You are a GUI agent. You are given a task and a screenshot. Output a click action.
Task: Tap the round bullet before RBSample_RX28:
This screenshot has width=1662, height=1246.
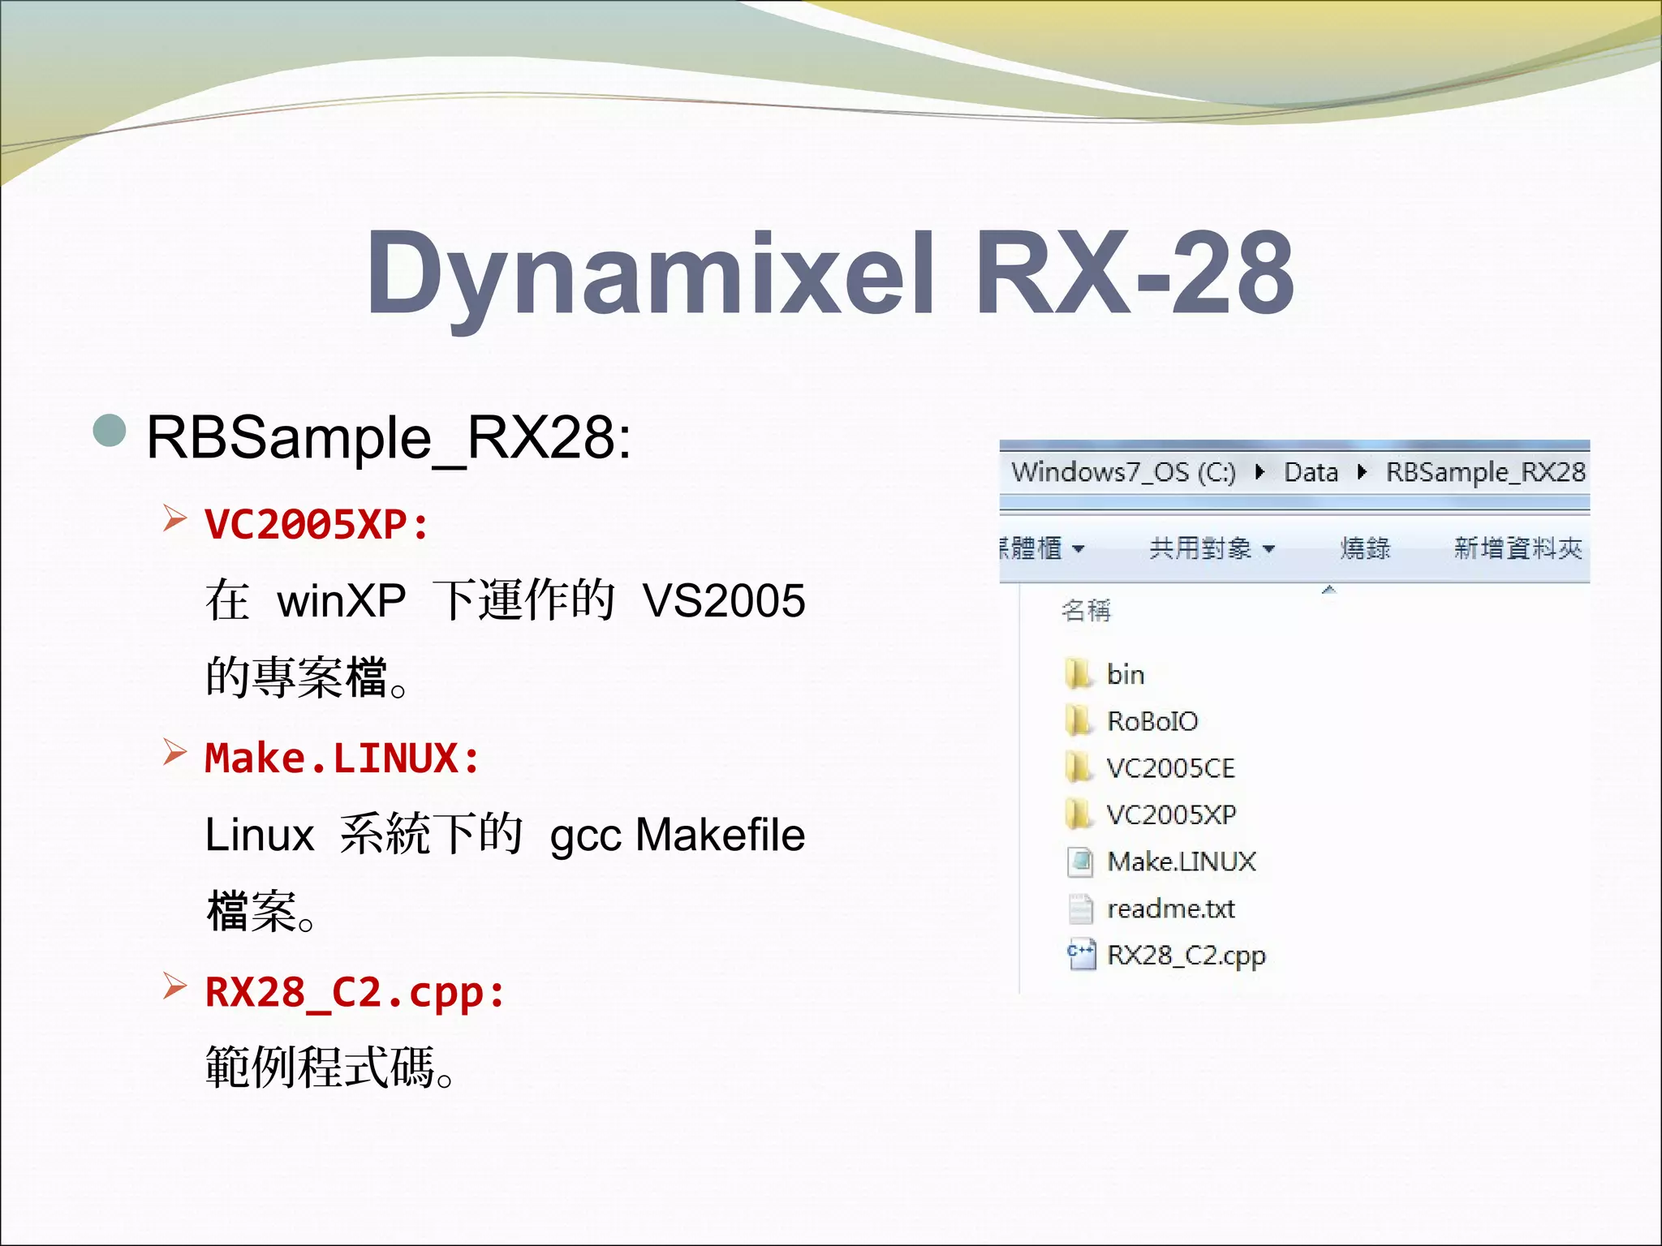pos(110,431)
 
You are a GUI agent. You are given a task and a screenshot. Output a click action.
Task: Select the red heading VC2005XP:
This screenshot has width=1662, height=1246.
pos(316,524)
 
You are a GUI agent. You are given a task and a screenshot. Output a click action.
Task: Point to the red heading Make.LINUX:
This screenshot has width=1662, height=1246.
pos(342,758)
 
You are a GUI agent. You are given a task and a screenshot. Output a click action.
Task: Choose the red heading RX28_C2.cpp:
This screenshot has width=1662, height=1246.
pos(355,992)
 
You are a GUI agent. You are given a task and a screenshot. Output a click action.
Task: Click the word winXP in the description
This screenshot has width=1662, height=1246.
pos(341,601)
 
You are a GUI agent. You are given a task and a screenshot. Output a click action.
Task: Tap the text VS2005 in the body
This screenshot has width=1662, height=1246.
pos(723,601)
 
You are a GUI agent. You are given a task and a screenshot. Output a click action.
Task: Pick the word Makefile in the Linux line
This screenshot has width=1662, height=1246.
pos(720,835)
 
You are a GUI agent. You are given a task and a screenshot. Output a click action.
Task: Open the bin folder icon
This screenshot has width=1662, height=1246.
pos(1079,674)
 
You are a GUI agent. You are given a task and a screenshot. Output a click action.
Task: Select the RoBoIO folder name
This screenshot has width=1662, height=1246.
pos(1152,721)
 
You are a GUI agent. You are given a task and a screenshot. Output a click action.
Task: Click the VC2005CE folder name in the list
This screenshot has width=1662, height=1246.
pos(1170,768)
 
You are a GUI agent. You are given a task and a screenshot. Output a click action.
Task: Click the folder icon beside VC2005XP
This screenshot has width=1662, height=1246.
pos(1079,814)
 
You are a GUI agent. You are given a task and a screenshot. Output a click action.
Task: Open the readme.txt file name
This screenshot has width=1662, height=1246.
pos(1170,909)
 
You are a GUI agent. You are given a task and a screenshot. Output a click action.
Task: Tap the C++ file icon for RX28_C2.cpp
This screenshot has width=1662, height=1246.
pos(1080,955)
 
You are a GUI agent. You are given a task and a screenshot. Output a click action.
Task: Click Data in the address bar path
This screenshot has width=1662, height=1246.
pos(1311,472)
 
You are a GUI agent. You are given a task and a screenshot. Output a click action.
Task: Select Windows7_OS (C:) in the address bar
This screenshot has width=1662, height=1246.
pos(1123,472)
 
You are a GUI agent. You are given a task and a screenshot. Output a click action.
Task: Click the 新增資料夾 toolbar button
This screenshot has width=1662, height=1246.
pos(1518,548)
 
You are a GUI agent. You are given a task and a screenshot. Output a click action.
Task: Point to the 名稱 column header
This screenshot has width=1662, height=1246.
pos(1086,610)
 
